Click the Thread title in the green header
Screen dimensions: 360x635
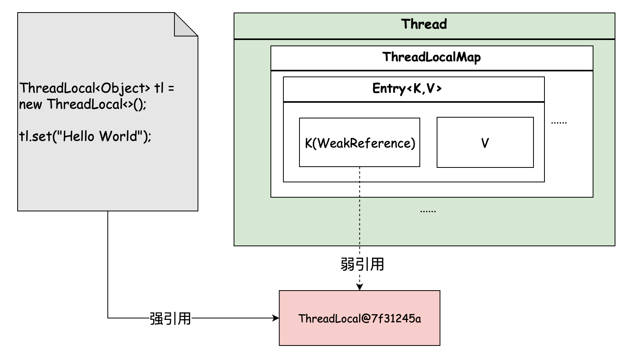click(x=424, y=24)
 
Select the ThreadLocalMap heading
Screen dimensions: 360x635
click(x=432, y=57)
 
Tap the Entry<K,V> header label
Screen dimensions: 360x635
click(x=407, y=89)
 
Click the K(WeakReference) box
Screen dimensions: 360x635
click(x=359, y=143)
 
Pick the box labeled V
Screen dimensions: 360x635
click(x=485, y=143)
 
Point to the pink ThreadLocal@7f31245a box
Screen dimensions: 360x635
click(x=359, y=318)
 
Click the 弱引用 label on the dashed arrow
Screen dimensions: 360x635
click(x=362, y=264)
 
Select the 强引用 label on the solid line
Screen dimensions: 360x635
click(x=170, y=318)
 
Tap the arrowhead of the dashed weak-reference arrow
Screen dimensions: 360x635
click(x=359, y=287)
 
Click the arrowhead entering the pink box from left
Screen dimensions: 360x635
click(x=276, y=318)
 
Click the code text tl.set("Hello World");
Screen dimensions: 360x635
click(x=85, y=136)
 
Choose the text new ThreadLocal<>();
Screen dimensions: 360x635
click(x=83, y=105)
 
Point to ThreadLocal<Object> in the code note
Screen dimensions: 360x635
click(x=85, y=88)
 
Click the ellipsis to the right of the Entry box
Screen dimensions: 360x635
click(x=559, y=122)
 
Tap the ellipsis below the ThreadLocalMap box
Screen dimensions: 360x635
click(x=428, y=211)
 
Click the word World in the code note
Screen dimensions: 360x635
click(x=118, y=136)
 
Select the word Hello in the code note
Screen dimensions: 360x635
click(x=78, y=136)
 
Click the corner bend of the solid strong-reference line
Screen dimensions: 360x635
click(x=108, y=318)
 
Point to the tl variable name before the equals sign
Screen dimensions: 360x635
click(x=159, y=88)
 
